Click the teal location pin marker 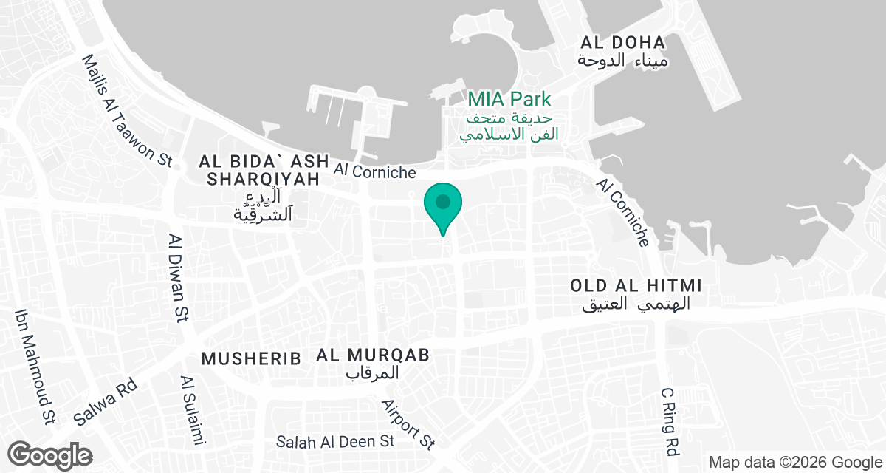tap(442, 204)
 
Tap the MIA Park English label tap(509, 99)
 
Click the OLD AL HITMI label tap(636, 285)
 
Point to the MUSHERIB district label tap(251, 359)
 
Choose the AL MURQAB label tap(373, 355)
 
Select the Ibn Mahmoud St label tap(35, 367)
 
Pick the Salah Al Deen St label tap(336, 442)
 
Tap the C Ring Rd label tap(670, 421)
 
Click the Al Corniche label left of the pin tap(374, 171)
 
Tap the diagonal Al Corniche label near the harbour tap(624, 212)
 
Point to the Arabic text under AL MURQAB tap(373, 373)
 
